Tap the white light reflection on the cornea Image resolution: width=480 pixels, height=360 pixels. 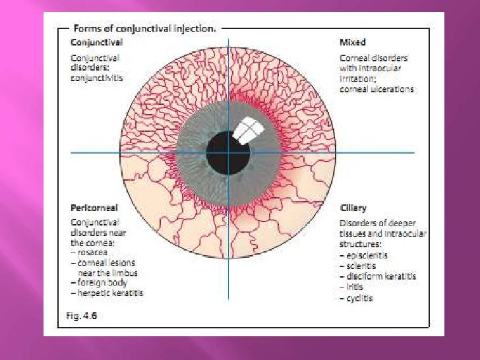point(248,131)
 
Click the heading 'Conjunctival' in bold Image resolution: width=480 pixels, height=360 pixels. point(96,42)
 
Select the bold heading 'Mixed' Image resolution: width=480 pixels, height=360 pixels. point(353,42)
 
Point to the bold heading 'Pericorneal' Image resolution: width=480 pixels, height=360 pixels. point(94,208)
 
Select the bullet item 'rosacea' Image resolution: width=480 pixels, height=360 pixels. point(92,253)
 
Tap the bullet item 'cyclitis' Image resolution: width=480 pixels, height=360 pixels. point(359,298)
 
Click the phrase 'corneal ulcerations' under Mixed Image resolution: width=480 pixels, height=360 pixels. point(376,89)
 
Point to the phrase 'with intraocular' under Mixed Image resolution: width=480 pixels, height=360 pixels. point(369,68)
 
